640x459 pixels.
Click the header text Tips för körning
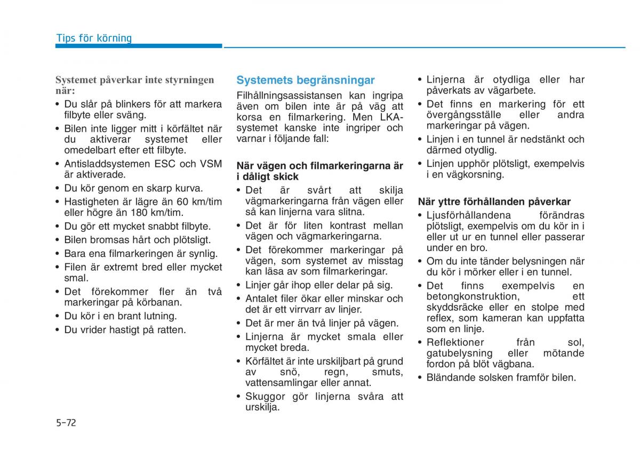tap(94, 38)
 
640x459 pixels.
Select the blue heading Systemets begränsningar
tap(306, 80)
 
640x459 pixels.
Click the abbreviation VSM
tap(210, 164)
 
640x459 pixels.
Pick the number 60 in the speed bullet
tap(182, 202)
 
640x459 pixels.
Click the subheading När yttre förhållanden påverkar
tap(494, 202)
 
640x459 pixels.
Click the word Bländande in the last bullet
tap(449, 377)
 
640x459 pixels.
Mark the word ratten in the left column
tap(171, 329)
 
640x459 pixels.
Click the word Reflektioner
tap(455, 342)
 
